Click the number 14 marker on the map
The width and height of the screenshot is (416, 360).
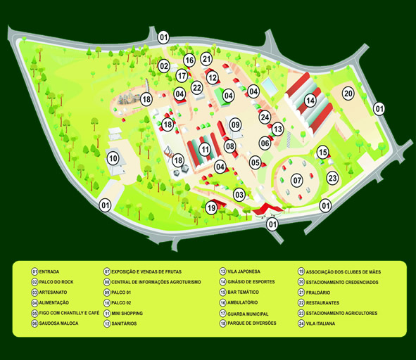(310, 101)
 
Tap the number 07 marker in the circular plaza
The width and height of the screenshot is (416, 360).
(297, 181)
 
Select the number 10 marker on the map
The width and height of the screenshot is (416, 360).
(113, 158)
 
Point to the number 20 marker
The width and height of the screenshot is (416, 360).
(348, 94)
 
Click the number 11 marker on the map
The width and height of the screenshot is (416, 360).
(205, 150)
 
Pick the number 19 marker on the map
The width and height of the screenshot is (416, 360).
(211, 207)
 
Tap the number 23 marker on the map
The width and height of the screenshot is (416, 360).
(332, 178)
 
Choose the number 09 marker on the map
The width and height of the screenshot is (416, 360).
(235, 124)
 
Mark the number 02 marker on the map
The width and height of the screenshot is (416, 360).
(164, 66)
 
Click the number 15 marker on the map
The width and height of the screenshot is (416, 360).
(322, 153)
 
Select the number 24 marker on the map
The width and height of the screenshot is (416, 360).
(265, 117)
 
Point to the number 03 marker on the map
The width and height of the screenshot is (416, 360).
(239, 195)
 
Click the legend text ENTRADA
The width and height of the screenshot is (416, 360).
(49, 271)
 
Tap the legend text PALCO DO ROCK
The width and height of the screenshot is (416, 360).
(56, 282)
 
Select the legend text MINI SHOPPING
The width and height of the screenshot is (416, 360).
(127, 314)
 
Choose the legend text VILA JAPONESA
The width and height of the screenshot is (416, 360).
(244, 271)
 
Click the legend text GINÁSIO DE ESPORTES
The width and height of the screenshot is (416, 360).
(251, 282)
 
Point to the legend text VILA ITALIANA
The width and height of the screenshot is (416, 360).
(320, 323)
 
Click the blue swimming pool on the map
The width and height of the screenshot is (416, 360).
(270, 86)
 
